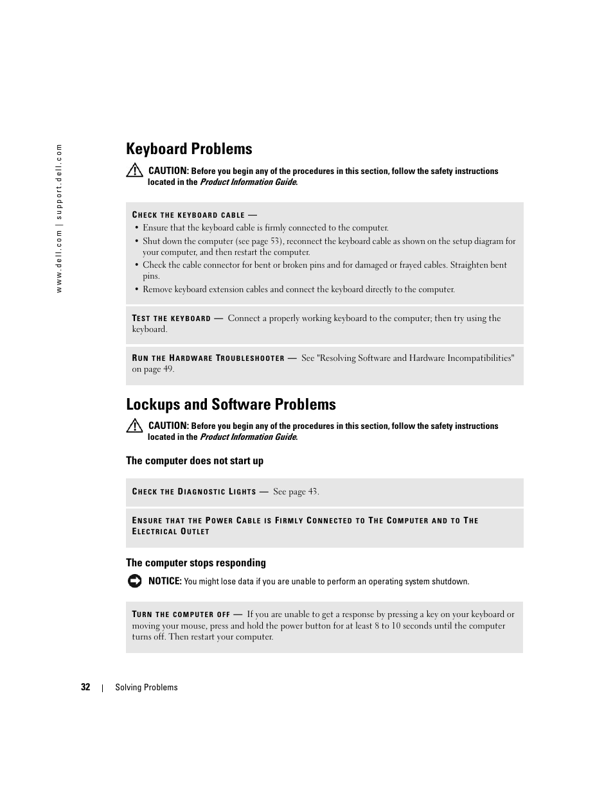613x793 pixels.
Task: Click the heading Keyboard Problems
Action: point(189,149)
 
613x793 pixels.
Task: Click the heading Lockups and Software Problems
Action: point(231,405)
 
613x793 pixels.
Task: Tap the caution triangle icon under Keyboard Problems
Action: point(134,170)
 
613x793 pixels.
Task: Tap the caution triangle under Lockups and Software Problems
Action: point(134,425)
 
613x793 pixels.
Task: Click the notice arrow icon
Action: point(134,581)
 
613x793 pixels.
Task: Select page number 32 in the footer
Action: point(85,687)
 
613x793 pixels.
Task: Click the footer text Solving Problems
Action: point(147,688)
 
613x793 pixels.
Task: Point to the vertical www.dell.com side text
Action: point(59,218)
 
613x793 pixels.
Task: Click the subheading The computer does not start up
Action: point(195,461)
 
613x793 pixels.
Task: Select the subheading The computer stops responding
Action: point(196,563)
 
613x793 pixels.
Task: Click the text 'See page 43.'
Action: point(296,492)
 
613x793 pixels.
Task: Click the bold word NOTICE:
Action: point(164,581)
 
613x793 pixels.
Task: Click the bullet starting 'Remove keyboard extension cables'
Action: point(298,290)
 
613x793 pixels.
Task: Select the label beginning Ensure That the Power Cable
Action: point(305,526)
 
